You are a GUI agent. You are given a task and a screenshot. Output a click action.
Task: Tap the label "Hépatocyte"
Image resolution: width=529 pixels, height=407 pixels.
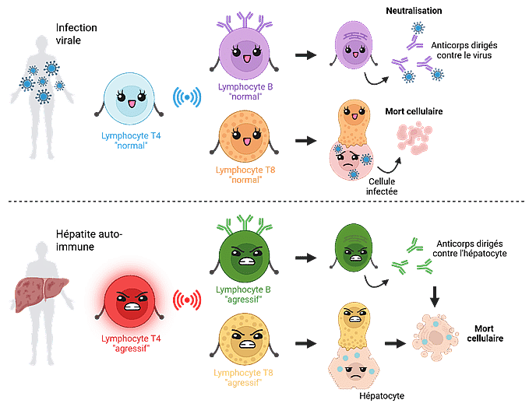(382, 395)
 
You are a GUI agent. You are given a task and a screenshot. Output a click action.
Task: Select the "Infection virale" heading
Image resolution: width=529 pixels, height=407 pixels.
(71, 33)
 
